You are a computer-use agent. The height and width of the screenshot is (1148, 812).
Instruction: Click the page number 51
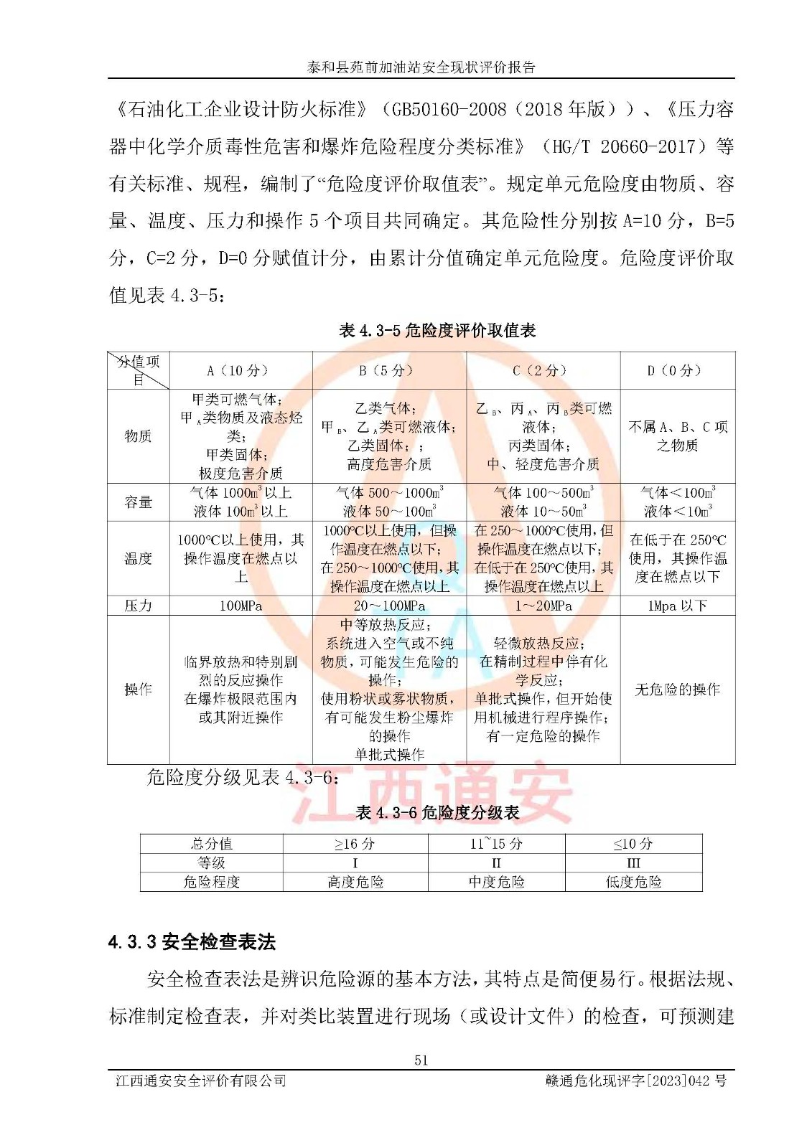click(421, 1060)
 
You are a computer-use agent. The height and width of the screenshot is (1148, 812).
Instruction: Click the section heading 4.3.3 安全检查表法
click(192, 942)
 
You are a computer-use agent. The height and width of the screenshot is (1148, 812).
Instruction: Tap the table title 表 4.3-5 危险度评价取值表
click(437, 331)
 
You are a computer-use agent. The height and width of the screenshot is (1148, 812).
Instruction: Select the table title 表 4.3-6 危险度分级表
click(437, 812)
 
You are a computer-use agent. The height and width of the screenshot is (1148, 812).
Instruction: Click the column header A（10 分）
click(241, 371)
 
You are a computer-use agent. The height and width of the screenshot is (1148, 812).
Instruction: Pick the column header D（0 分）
click(677, 371)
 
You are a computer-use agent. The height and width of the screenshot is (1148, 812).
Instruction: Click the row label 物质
click(138, 436)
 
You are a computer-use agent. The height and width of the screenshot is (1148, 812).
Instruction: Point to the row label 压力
click(138, 606)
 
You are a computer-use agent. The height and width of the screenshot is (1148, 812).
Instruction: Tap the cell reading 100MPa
click(241, 606)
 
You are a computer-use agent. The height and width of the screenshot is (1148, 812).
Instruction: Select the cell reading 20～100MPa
click(389, 606)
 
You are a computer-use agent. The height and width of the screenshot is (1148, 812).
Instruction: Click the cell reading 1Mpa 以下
click(677, 606)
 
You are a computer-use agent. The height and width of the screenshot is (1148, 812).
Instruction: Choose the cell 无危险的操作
click(677, 690)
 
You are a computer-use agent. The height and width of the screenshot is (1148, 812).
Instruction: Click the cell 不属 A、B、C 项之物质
click(677, 436)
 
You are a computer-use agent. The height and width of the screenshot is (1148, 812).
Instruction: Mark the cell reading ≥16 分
click(355, 844)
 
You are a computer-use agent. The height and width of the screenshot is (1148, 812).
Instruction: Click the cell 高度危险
click(355, 882)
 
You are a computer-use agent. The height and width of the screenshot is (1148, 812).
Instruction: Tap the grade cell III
click(633, 862)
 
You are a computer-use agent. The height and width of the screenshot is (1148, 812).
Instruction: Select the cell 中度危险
click(496, 882)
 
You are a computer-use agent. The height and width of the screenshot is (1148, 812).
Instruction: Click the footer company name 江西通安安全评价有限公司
click(201, 1081)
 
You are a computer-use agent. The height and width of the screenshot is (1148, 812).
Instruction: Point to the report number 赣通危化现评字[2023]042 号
click(635, 1081)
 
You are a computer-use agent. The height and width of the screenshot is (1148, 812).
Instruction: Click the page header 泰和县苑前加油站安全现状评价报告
click(421, 67)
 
